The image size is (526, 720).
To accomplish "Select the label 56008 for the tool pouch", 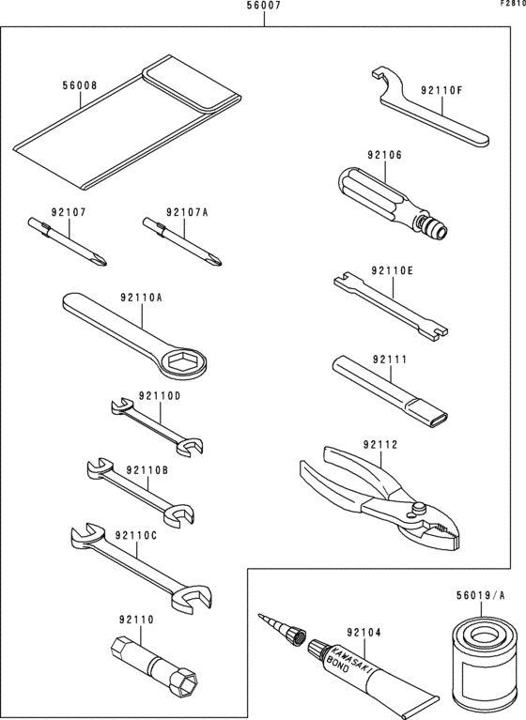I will pos(80,84).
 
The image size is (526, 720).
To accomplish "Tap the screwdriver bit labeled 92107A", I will pos(182,239).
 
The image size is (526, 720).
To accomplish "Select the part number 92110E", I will pos(392,270).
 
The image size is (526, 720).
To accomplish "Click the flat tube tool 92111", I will pos(385,387).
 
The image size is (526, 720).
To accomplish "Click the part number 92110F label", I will pos(441,90).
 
